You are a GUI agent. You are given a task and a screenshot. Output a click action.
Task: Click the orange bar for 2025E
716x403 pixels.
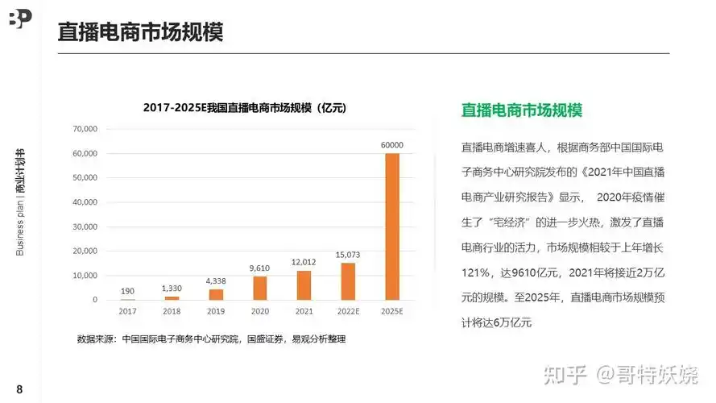pos(392,226)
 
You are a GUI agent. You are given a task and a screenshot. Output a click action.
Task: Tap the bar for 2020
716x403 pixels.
pos(259,288)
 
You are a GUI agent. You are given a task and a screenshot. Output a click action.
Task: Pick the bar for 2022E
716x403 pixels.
pos(348,281)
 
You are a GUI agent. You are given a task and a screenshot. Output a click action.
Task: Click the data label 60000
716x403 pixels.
pos(392,145)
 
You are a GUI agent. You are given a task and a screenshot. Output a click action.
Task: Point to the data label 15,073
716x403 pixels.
pos(348,256)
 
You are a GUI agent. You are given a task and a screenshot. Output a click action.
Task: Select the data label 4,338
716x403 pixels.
pos(216,281)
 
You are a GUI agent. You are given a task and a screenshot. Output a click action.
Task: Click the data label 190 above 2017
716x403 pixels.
pos(127,290)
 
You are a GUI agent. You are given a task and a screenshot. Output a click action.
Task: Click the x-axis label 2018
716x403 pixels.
pos(172,310)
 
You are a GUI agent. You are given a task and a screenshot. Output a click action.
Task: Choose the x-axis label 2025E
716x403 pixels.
pos(392,310)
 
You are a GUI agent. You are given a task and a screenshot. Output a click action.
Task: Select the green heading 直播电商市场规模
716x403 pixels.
pos(521,110)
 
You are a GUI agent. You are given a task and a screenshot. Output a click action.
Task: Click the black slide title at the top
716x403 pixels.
pos(140,32)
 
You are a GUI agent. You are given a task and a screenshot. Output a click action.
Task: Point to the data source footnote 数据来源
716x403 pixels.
pos(211,339)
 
